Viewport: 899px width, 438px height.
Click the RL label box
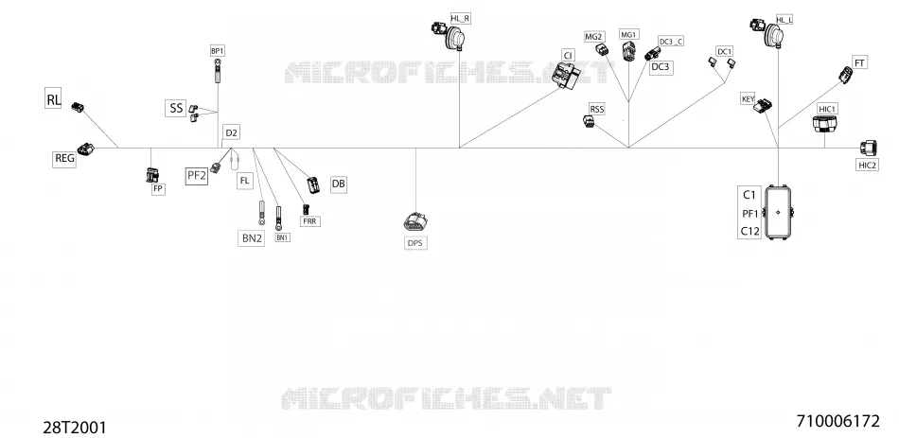(x=53, y=98)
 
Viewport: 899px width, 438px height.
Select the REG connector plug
(x=85, y=149)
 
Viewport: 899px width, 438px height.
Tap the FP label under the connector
(x=158, y=188)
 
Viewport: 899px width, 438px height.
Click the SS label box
(x=176, y=108)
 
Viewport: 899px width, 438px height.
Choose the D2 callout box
(x=231, y=133)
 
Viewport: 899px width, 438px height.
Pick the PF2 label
(x=197, y=176)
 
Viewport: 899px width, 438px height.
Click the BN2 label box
(x=252, y=237)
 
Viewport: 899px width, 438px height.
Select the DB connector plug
(x=313, y=184)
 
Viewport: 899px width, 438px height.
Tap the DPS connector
(x=416, y=222)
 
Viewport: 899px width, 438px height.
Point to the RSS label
(x=597, y=109)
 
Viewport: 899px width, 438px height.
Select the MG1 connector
(x=628, y=52)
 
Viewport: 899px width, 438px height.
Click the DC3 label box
(x=661, y=67)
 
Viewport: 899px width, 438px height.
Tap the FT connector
(x=846, y=75)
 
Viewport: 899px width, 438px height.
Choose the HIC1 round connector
(x=824, y=123)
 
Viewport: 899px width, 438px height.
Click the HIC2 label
(x=868, y=166)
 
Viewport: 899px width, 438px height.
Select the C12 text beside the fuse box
(x=749, y=232)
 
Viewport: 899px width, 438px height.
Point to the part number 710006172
(x=837, y=421)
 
